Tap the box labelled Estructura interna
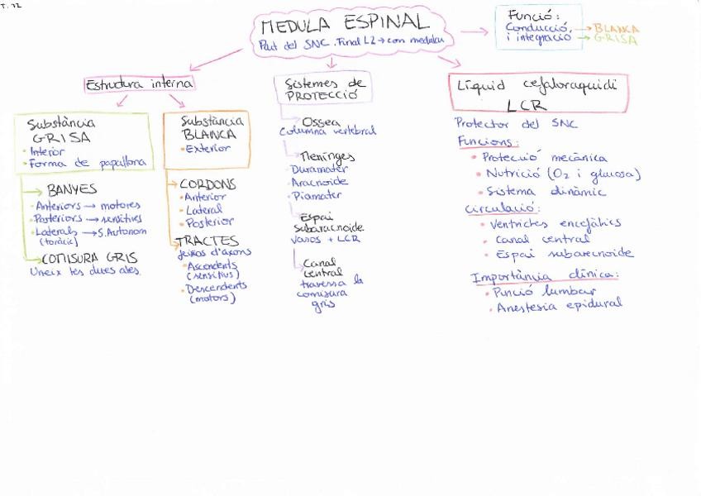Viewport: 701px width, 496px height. coord(140,83)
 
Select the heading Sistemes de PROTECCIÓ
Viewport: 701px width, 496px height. coord(323,88)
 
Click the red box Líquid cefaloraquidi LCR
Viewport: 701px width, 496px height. coord(538,93)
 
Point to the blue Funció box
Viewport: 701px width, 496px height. coord(537,26)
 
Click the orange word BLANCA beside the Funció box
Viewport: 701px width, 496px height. coord(617,28)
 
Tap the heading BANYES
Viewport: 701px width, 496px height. coord(72,189)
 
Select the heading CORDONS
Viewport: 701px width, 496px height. coord(207,184)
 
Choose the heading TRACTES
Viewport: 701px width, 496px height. coord(206,241)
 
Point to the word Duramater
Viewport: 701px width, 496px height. coord(319,169)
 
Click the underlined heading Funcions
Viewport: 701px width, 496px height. coord(488,141)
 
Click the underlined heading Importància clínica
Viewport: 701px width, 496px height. coord(544,276)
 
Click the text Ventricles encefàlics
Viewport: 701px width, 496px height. coord(555,223)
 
